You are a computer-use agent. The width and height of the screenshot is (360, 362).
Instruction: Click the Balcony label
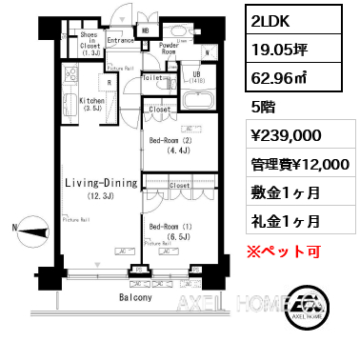click(x=135, y=298)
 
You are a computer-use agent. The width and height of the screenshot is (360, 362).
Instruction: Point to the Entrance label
click(x=121, y=41)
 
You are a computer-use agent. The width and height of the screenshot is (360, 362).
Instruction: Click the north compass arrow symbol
click(x=30, y=227)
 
